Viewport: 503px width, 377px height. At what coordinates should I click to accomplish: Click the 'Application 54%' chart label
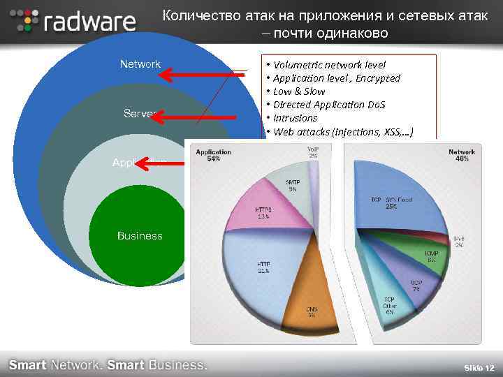214,155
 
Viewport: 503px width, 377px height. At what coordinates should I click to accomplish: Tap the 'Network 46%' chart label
462,155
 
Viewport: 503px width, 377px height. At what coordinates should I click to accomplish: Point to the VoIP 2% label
313,151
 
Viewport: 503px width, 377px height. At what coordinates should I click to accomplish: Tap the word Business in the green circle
140,236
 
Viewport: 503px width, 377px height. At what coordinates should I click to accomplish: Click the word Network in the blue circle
140,64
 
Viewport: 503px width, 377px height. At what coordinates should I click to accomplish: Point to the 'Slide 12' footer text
479,367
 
